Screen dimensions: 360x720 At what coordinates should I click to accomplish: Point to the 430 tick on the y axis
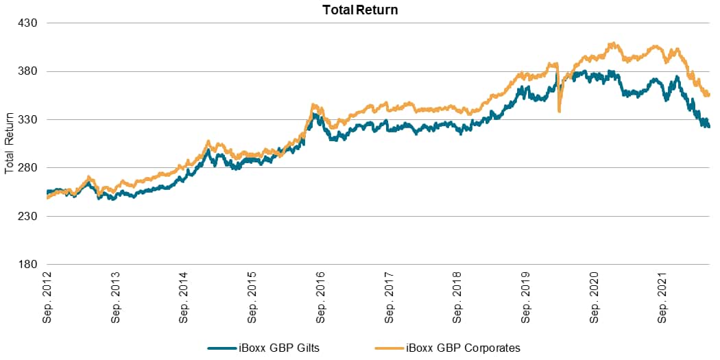[27, 23]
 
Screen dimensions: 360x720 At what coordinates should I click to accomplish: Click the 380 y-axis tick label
[27, 71]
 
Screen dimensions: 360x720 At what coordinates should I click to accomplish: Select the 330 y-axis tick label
[27, 119]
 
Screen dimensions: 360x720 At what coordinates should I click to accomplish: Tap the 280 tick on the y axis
[27, 168]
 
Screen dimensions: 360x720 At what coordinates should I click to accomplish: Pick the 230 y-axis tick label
[27, 216]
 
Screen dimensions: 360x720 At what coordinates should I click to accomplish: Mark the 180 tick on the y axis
[27, 265]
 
